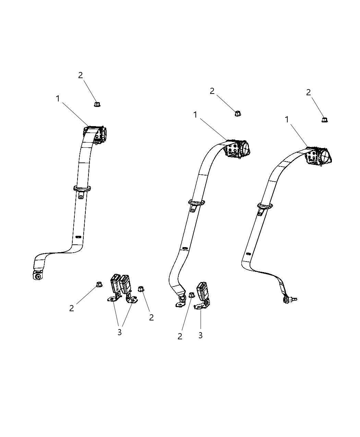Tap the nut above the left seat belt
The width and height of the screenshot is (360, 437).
pyautogui.click(x=97, y=104)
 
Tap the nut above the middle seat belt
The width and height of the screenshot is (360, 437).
pyautogui.click(x=238, y=113)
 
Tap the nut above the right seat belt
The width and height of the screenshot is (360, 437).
pyautogui.click(x=324, y=120)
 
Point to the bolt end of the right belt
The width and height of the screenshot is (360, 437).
pyautogui.click(x=290, y=300)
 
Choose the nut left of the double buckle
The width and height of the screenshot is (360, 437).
pyautogui.click(x=99, y=284)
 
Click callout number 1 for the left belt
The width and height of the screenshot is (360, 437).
pyautogui.click(x=58, y=99)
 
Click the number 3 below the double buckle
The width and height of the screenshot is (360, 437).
pyautogui.click(x=119, y=332)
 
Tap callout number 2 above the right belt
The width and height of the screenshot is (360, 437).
pyautogui.click(x=308, y=92)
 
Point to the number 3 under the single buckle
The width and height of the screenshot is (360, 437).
pyautogui.click(x=201, y=335)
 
